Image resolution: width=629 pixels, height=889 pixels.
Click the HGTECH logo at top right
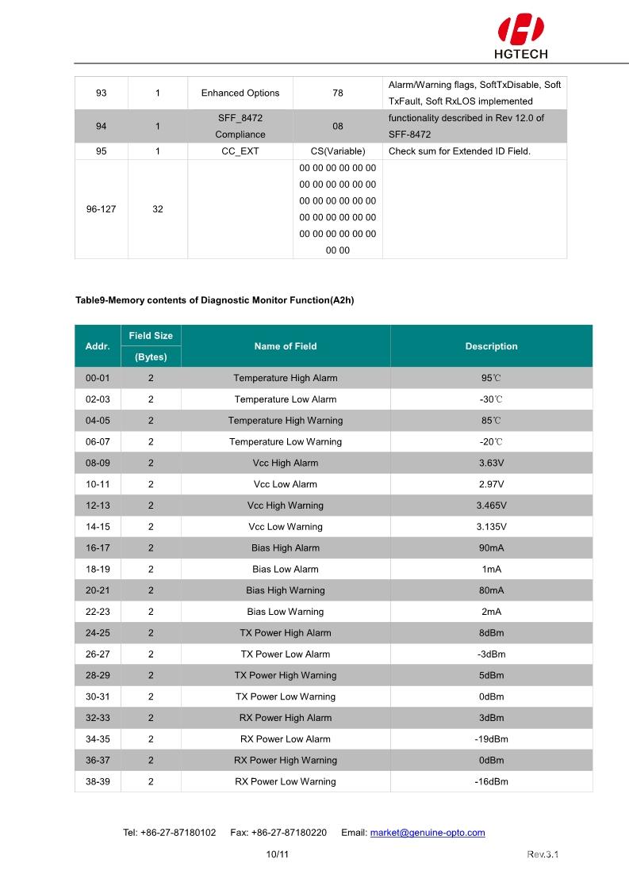[x=521, y=36]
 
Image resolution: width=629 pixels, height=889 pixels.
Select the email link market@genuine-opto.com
[x=428, y=833]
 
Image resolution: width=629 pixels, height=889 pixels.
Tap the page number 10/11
[x=278, y=854]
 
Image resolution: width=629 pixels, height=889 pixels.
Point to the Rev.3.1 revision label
[x=543, y=854]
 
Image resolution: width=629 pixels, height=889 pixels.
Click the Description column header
[x=491, y=346]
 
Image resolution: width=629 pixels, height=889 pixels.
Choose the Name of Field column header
[x=286, y=346]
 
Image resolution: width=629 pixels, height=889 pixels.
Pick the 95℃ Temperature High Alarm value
[x=491, y=378]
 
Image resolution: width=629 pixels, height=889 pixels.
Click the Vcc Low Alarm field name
[x=286, y=484]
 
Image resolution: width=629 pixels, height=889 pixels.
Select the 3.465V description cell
[x=491, y=506]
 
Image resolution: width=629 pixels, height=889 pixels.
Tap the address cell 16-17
[x=98, y=548]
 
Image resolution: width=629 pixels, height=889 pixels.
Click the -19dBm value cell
[x=491, y=739]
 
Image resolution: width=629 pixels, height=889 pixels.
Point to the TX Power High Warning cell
[x=286, y=675]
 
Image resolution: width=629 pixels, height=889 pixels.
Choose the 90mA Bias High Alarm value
[x=491, y=548]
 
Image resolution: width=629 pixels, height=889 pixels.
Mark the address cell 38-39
[x=98, y=781]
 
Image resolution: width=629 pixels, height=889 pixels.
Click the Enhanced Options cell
[x=240, y=93]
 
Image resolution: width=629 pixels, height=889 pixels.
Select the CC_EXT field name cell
[x=240, y=151]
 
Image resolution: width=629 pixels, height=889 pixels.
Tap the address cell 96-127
[x=101, y=209]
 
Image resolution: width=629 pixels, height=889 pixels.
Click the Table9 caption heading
[x=214, y=300]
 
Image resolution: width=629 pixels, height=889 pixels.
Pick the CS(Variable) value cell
[x=338, y=151]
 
